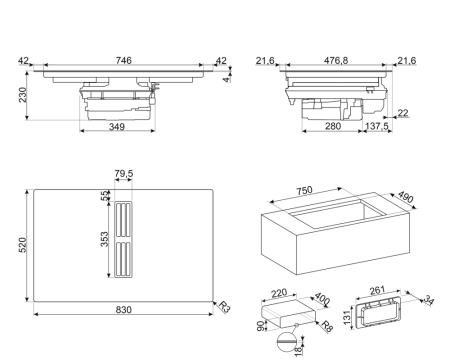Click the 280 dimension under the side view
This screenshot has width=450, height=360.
(x=333, y=127)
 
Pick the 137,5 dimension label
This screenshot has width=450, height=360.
(x=377, y=127)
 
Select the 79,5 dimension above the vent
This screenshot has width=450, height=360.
(x=125, y=176)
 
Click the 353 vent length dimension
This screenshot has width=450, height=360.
(x=103, y=240)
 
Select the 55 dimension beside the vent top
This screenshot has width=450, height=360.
(x=104, y=196)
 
